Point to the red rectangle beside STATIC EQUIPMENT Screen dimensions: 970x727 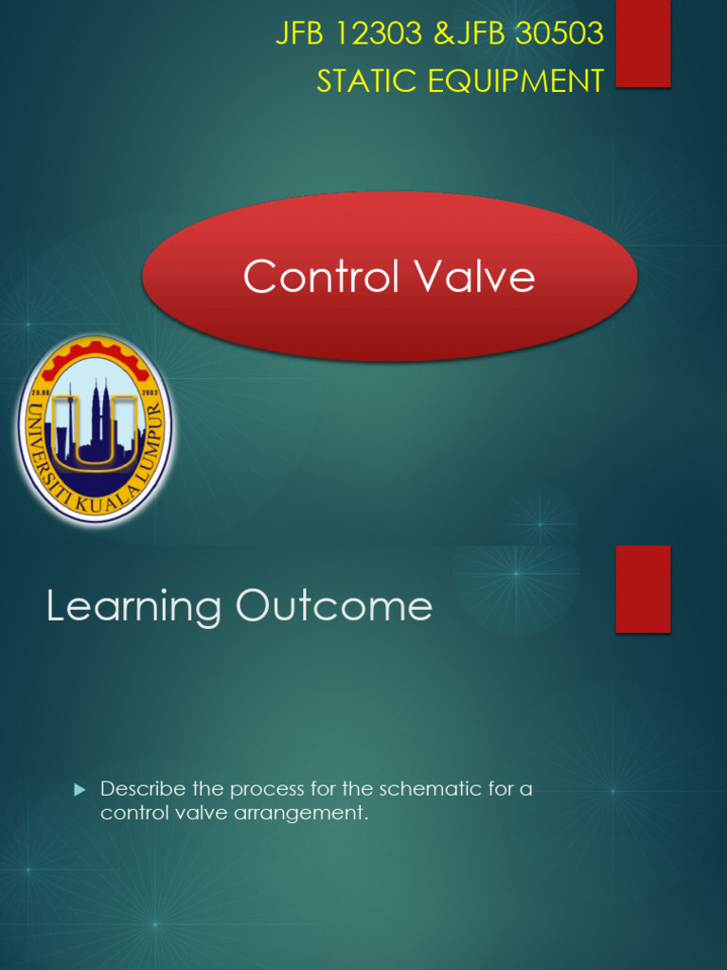coord(644,44)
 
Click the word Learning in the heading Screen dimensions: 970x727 coord(133,607)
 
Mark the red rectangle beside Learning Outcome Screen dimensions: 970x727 coord(644,588)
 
